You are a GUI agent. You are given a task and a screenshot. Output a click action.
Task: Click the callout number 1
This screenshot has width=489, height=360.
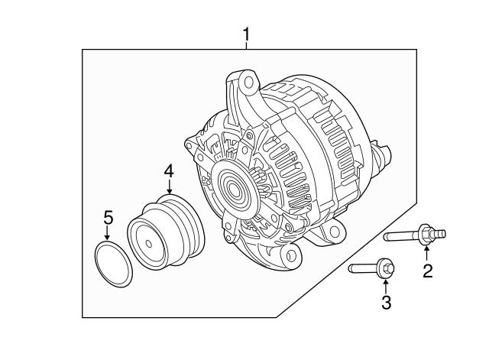(246, 34)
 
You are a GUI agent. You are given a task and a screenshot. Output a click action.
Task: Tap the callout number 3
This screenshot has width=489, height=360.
(386, 303)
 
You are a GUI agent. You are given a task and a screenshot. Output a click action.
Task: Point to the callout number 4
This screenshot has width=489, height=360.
(169, 173)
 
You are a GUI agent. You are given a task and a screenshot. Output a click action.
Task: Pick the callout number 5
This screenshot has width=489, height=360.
(108, 217)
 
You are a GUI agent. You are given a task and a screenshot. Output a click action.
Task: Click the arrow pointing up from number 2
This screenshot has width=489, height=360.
(427, 253)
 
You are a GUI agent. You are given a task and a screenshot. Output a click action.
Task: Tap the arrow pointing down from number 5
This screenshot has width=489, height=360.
(108, 233)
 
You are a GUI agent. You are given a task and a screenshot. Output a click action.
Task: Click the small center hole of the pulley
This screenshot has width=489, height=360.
(147, 243)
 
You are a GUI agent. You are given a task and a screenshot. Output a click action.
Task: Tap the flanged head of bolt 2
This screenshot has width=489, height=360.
(426, 233)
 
